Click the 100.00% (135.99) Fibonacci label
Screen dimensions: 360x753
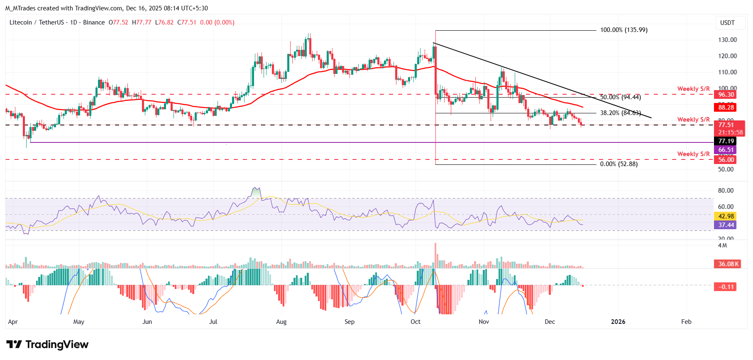click(x=623, y=30)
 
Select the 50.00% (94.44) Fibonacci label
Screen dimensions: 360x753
click(x=620, y=97)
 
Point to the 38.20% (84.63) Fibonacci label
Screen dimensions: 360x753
click(x=620, y=113)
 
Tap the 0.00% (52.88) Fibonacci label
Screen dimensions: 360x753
click(x=619, y=164)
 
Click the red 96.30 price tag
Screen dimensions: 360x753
click(x=726, y=95)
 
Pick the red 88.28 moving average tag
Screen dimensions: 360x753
click(x=726, y=108)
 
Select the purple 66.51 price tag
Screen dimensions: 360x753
click(x=726, y=150)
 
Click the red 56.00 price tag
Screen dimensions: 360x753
click(x=726, y=160)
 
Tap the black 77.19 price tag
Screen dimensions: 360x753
click(x=726, y=141)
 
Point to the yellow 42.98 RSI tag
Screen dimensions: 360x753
click(x=726, y=216)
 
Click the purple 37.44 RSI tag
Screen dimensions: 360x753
click(x=726, y=225)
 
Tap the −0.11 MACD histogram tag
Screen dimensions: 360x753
click(x=726, y=287)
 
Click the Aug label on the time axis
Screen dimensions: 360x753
click(x=281, y=322)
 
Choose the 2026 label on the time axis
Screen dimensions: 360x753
click(x=618, y=322)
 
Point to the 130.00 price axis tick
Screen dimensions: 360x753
click(x=727, y=40)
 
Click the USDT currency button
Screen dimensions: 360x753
click(x=727, y=23)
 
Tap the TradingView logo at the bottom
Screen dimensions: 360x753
click(x=47, y=345)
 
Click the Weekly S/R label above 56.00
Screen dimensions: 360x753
click(x=693, y=154)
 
